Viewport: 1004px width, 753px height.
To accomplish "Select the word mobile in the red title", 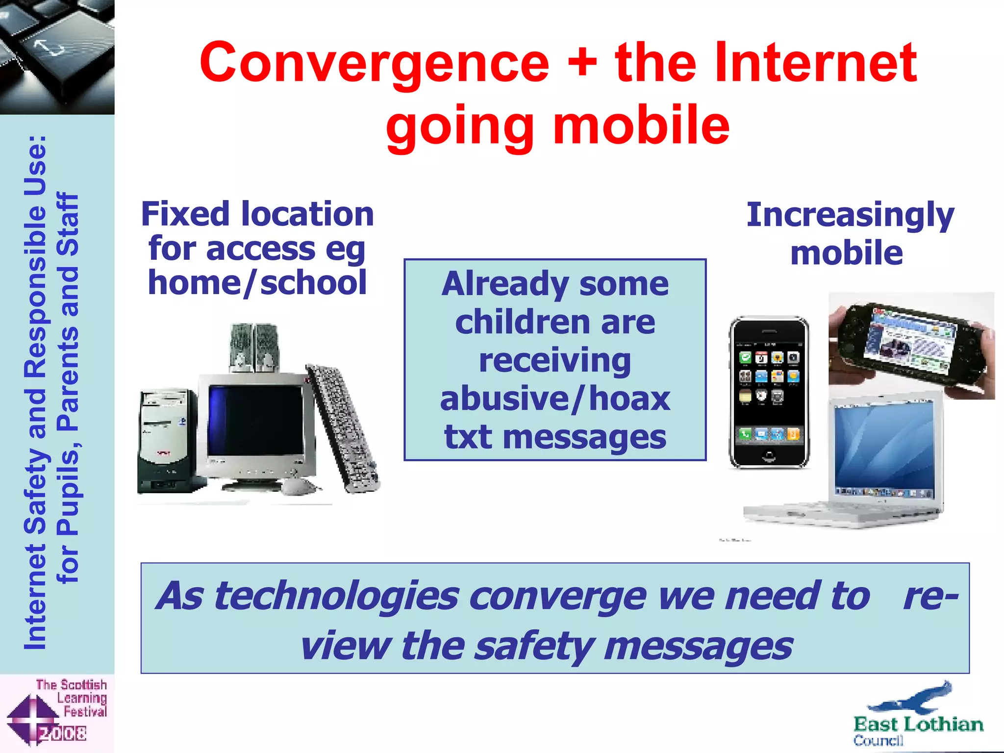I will [641, 126].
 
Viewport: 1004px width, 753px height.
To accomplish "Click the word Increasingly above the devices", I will [850, 215].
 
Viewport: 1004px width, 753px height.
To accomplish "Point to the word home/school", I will [257, 283].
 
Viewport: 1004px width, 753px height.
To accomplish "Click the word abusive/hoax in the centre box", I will [555, 399].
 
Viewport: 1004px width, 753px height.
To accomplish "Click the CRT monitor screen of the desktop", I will [255, 421].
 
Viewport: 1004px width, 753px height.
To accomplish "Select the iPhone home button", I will [769, 456].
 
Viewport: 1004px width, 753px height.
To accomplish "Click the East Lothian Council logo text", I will [918, 725].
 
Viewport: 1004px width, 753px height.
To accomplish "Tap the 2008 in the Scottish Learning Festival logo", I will [63, 733].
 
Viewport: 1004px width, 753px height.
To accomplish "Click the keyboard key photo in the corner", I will [57, 57].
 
